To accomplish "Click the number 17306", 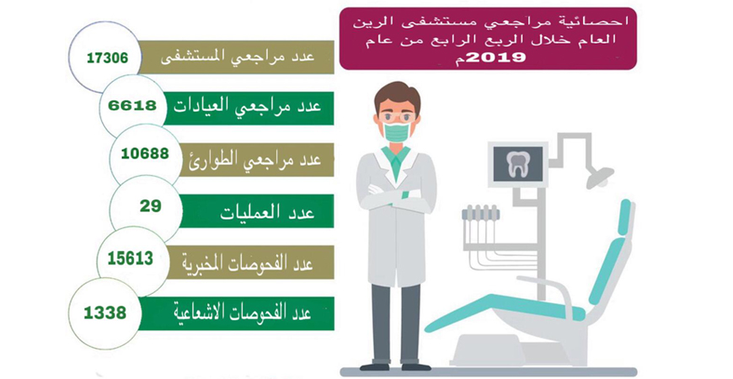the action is click(x=107, y=57).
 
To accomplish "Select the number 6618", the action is click(x=132, y=105).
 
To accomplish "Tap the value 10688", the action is click(x=145, y=153).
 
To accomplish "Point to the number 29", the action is click(x=151, y=206).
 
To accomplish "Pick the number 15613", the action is click(x=131, y=258).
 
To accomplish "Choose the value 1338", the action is click(x=105, y=312).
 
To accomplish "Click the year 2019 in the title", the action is click(x=496, y=57).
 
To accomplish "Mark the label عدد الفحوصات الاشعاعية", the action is click(x=243, y=312).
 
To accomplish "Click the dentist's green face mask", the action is click(x=397, y=131).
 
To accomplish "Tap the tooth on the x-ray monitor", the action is click(x=517, y=164).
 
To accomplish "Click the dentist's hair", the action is click(x=397, y=96).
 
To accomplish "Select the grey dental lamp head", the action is click(x=601, y=177).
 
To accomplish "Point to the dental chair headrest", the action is click(x=624, y=216).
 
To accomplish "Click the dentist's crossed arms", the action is click(x=397, y=194).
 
